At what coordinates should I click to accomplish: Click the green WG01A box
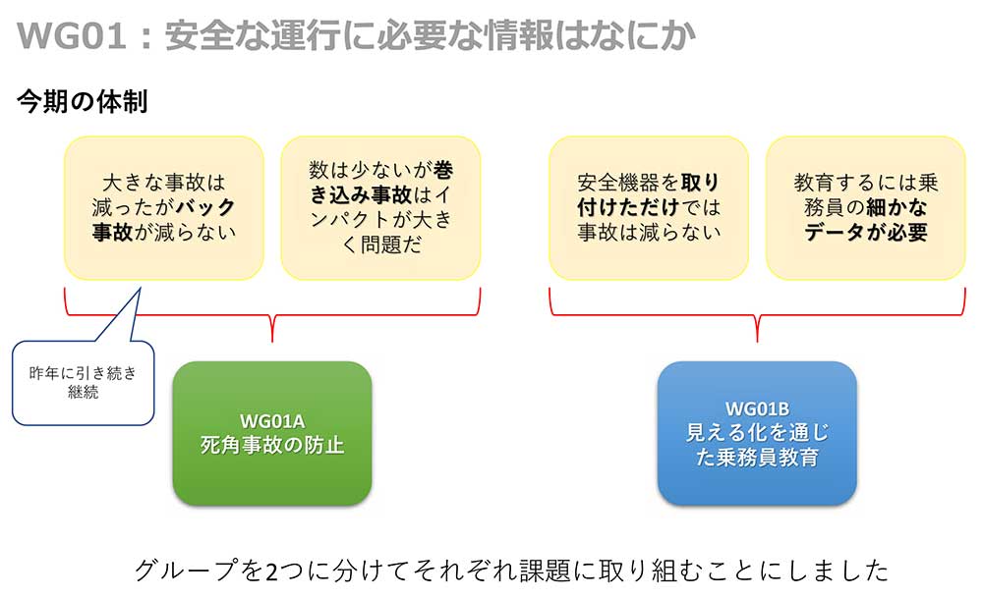pyautogui.click(x=272, y=433)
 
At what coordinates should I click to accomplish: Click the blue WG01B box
pyautogui.click(x=757, y=433)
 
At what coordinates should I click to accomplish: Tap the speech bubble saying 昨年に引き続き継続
pyautogui.click(x=83, y=383)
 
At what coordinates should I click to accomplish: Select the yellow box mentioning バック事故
pyautogui.click(x=163, y=208)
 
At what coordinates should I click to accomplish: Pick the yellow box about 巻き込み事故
pyautogui.click(x=380, y=208)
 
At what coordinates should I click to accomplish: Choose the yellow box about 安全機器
pyautogui.click(x=648, y=208)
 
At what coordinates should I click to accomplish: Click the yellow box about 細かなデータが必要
pyautogui.click(x=865, y=208)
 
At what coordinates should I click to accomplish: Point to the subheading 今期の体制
pyautogui.click(x=83, y=101)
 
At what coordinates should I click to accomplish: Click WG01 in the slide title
pyautogui.click(x=72, y=35)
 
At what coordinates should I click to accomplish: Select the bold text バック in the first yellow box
pyautogui.click(x=205, y=207)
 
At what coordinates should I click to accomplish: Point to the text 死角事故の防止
pyautogui.click(x=272, y=445)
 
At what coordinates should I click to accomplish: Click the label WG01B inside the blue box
pyautogui.click(x=757, y=408)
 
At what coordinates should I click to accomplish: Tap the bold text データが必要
pyautogui.click(x=865, y=233)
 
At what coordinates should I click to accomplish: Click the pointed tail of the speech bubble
pyautogui.click(x=140, y=289)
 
